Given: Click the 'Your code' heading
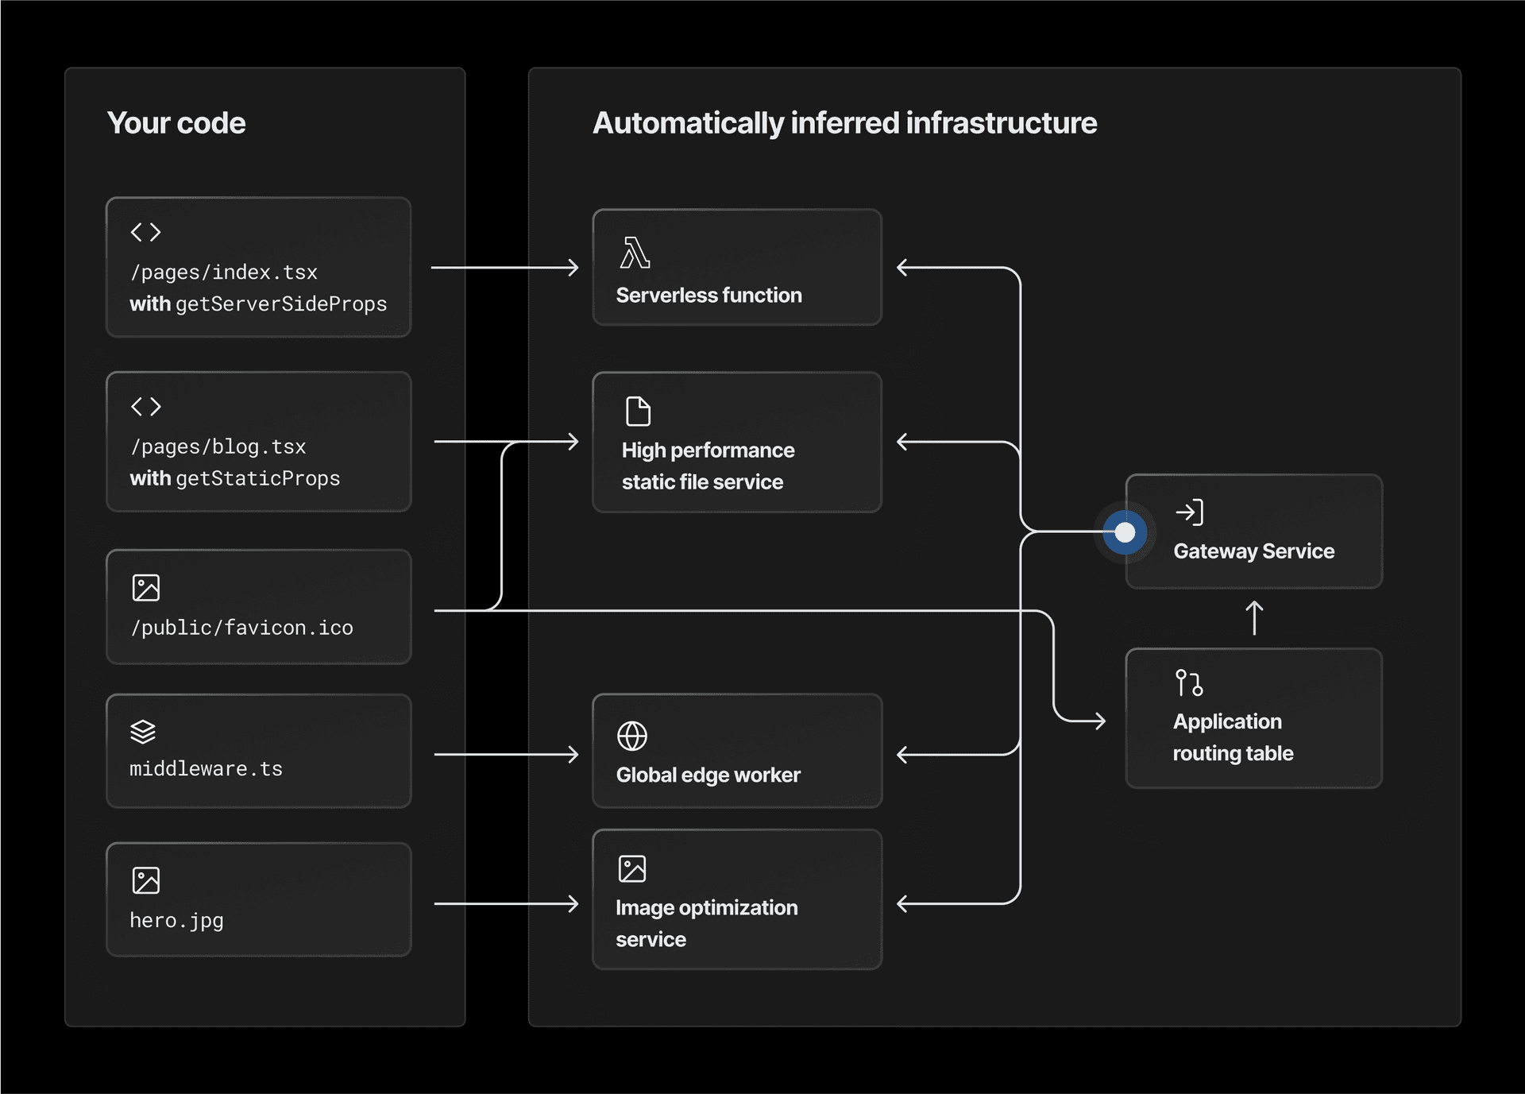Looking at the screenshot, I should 176,123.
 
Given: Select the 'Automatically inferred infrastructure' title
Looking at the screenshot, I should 844,123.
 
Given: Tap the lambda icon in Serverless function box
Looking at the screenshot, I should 635,253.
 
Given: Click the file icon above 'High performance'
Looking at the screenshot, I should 638,412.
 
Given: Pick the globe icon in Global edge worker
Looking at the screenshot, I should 632,736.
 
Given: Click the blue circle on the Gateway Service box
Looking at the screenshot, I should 1125,532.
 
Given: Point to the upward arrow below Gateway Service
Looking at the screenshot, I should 1254,618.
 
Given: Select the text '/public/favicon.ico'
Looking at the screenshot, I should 241,628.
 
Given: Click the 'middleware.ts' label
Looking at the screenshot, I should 206,769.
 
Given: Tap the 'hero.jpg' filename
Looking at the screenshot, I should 176,920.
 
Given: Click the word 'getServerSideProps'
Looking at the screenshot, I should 281,304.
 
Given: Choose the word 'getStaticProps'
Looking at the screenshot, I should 257,478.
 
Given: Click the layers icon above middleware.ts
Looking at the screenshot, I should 143,731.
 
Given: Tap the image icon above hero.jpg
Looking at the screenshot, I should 146,880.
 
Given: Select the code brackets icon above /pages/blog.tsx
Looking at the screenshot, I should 146,407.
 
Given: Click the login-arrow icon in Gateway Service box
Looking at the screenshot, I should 1189,512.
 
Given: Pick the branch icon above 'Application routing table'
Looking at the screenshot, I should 1189,682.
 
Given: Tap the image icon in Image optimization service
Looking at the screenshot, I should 632,868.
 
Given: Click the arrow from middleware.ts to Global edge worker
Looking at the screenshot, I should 506,754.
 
